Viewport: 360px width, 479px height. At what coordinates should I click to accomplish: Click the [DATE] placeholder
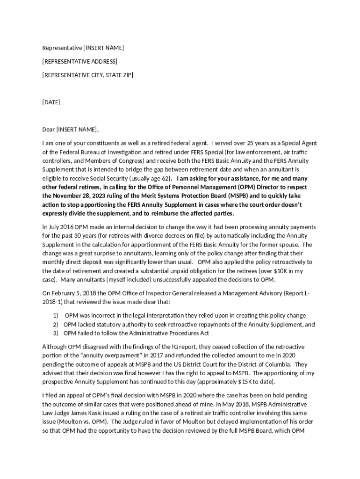(51, 102)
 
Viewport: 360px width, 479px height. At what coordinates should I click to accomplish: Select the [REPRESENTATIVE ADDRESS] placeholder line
(79, 61)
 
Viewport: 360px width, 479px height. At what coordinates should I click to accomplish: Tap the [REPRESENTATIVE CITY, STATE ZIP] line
(87, 75)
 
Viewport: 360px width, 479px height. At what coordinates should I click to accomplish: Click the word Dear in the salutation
(49, 129)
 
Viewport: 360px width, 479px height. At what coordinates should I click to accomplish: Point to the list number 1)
(56, 316)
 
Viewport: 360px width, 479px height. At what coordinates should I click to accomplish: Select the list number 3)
(56, 333)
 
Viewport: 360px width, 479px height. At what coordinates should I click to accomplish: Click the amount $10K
(277, 271)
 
